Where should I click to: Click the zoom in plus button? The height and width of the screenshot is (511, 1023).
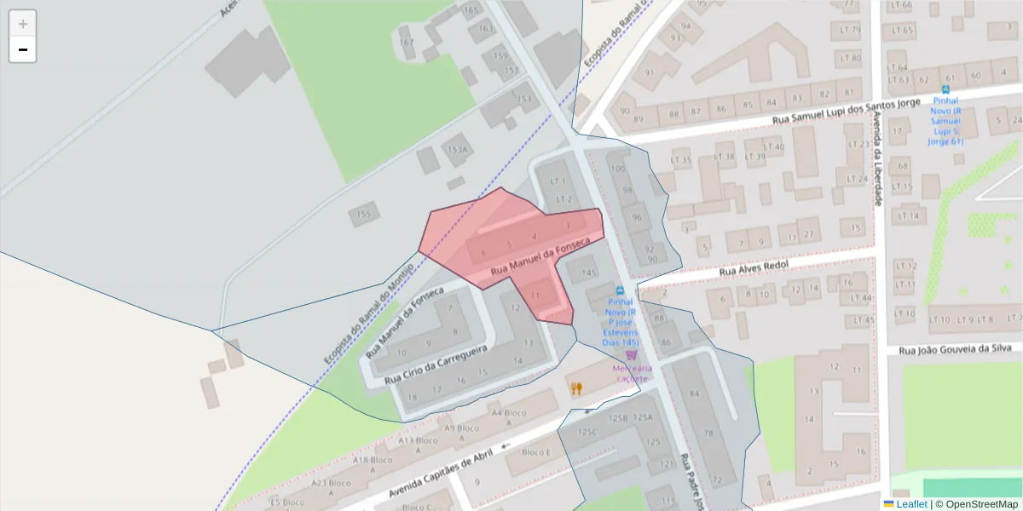point(23,24)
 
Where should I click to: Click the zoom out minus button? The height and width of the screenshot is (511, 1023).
point(23,49)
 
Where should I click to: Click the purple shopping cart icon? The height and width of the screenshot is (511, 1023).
point(632,354)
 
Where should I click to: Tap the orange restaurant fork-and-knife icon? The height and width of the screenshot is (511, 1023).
point(577,388)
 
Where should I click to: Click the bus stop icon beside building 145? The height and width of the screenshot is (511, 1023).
point(620,290)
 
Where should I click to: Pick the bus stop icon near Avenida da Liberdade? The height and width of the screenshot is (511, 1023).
point(945,89)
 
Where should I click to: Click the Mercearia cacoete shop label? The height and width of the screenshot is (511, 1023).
point(632,373)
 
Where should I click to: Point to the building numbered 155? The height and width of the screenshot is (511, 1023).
point(364,214)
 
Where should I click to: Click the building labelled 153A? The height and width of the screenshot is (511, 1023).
point(458,150)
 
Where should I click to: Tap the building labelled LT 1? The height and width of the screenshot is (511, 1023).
point(559,181)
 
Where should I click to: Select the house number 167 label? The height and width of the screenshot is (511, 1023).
point(407,42)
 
